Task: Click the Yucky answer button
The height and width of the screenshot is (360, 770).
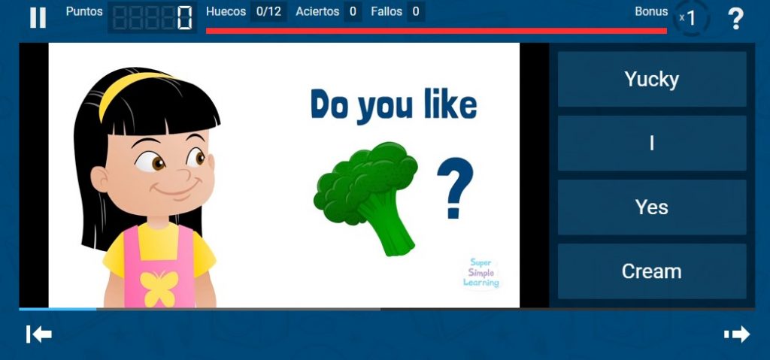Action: [x=652, y=79]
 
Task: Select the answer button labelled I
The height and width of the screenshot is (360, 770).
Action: [x=652, y=143]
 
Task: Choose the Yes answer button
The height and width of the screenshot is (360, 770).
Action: [x=652, y=207]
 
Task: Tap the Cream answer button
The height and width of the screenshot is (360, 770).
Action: [x=652, y=271]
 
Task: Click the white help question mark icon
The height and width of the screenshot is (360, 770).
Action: [x=735, y=19]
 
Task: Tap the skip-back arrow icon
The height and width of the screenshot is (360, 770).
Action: [x=39, y=334]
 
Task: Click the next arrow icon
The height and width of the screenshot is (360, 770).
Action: [x=737, y=334]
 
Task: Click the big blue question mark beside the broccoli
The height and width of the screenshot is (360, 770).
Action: [x=455, y=188]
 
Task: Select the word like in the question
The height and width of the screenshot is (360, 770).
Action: [x=450, y=104]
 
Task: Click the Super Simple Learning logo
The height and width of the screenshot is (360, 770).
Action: [x=481, y=273]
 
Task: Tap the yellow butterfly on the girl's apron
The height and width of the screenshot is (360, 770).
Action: [x=159, y=289]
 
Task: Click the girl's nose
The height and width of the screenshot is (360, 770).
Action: [x=182, y=174]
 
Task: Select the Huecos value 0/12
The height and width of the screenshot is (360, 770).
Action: [x=268, y=11]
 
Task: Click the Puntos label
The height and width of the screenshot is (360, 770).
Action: [x=84, y=11]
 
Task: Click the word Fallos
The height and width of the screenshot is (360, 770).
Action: [x=387, y=11]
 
